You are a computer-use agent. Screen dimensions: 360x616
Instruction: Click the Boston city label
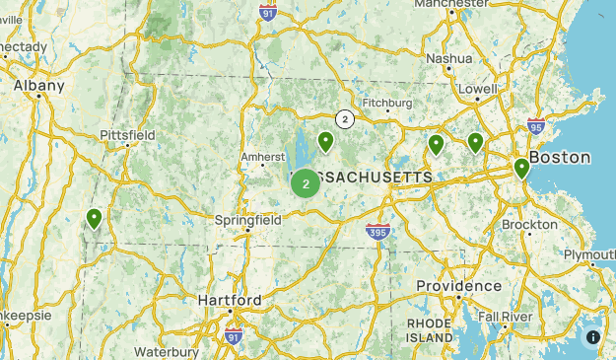coord(560,157)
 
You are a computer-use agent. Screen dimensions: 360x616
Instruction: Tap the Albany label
coord(39,86)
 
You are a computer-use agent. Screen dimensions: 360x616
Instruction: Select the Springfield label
coord(247,220)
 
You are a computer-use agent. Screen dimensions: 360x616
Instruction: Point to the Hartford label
coord(229,300)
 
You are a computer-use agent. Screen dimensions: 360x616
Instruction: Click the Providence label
coord(457,285)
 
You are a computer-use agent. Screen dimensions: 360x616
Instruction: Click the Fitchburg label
coord(387,103)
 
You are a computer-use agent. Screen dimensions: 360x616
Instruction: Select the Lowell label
coord(478,89)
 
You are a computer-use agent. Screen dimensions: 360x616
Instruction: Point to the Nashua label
coord(448,58)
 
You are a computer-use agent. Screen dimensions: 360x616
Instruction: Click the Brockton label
coord(529,224)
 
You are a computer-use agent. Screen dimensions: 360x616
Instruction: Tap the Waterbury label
coord(167,351)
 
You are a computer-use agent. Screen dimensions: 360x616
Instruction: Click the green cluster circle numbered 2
coord(306,182)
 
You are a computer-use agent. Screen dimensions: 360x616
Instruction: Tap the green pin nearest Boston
coord(521,169)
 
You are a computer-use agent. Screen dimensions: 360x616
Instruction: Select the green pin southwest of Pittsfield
coord(95,218)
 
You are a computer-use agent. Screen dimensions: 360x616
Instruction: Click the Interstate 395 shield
coord(376,231)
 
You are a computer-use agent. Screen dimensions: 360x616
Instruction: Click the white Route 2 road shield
coord(344,119)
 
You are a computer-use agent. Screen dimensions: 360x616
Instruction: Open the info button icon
coord(593,337)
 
